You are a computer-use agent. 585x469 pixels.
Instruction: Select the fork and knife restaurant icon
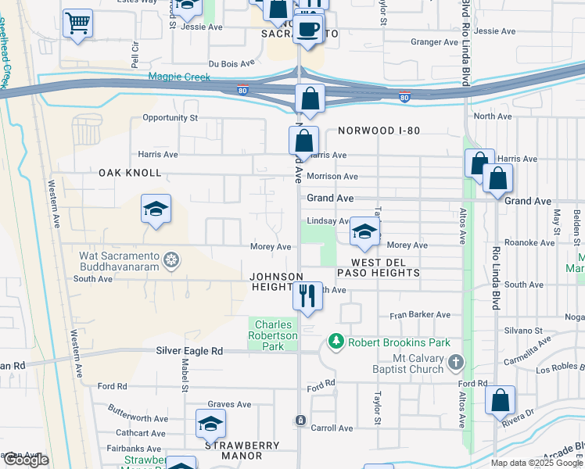point(307,295)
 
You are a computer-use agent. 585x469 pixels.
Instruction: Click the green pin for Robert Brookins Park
point(336,341)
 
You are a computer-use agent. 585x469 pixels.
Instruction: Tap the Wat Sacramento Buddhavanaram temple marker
point(170,259)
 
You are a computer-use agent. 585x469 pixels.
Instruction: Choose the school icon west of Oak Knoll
point(156,209)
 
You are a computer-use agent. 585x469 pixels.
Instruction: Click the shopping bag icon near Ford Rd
point(500,400)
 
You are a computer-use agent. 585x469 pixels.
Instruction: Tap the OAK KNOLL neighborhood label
point(130,173)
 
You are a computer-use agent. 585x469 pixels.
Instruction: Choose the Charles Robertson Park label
point(273,335)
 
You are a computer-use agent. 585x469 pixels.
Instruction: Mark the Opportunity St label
point(170,118)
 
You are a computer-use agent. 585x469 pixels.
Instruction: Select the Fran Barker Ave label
point(420,315)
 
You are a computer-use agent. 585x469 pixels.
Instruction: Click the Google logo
point(26,460)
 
